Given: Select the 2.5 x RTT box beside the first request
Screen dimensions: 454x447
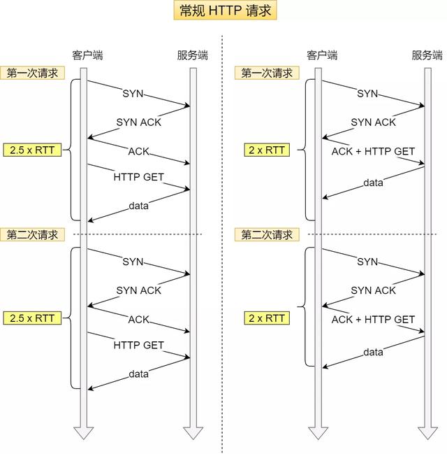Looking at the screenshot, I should point(33,150).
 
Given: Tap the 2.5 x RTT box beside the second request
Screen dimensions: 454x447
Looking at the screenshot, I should point(33,318).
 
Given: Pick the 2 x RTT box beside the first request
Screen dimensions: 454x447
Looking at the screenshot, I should point(266,150).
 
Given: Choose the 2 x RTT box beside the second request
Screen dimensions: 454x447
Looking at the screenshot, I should point(266,318).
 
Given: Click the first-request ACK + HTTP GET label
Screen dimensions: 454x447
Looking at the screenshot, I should point(373,151).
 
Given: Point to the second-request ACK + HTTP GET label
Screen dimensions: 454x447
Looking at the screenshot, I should point(373,320).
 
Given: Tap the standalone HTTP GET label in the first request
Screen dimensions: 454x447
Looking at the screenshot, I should point(138,177).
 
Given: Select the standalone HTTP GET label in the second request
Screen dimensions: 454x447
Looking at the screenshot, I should point(138,345).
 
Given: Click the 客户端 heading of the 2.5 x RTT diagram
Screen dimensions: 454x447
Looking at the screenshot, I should point(87,55).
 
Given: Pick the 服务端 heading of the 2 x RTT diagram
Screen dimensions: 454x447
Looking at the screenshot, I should point(427,55).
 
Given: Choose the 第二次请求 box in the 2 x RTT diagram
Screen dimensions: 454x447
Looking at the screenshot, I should point(268,234).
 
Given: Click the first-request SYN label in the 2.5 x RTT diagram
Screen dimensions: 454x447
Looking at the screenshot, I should point(133,93).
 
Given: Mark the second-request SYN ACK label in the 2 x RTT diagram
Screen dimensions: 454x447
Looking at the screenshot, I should point(373,290).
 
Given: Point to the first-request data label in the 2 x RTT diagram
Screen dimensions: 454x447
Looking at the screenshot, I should point(373,183).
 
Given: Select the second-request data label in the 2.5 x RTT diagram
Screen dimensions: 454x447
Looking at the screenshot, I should point(138,374).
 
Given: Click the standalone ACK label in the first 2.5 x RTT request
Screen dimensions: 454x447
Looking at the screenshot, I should point(138,151).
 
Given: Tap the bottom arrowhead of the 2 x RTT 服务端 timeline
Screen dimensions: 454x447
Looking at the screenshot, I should point(425,432).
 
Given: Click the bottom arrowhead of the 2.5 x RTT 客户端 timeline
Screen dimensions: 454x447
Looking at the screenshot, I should point(84,432).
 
